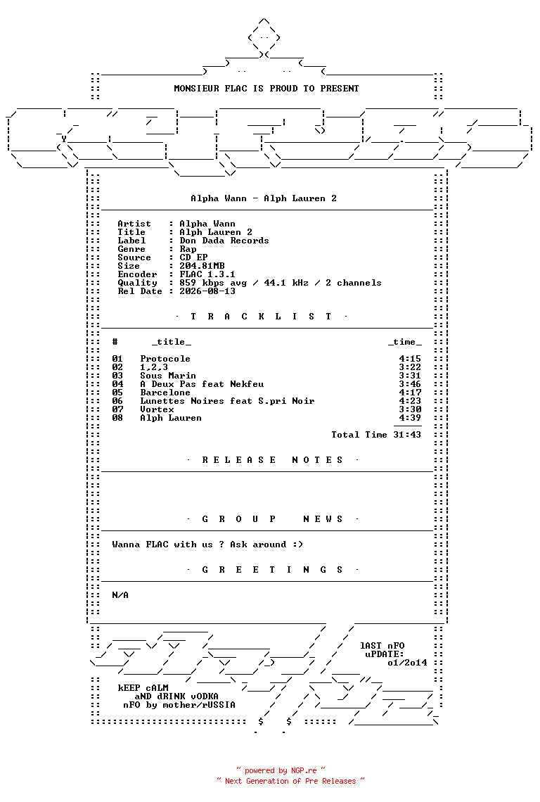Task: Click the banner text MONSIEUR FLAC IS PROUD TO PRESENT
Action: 266,89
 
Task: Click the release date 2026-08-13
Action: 207,291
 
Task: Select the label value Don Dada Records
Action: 224,241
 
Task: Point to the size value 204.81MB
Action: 202,266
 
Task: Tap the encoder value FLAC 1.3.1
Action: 207,274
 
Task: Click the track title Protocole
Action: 165,359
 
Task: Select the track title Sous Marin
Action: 168,376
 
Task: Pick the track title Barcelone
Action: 165,393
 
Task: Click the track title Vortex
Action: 157,409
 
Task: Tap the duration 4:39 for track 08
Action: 410,418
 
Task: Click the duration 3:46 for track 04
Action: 410,384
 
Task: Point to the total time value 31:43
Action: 407,435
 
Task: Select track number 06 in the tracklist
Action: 117,401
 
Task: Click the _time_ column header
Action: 404,342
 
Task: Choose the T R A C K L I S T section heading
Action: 261,317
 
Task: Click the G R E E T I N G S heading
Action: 272,570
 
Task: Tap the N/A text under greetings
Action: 120,595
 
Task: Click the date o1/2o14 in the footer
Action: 407,663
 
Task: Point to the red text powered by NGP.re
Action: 281,771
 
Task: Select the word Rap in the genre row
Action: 188,249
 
